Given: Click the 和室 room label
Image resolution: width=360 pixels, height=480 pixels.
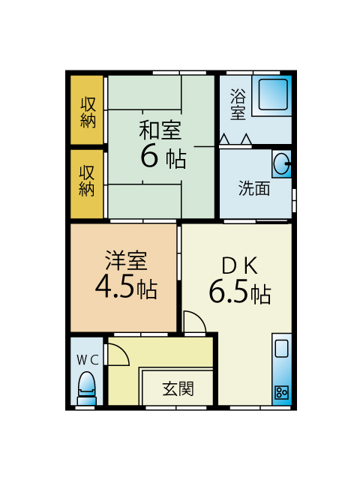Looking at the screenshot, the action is point(160,130).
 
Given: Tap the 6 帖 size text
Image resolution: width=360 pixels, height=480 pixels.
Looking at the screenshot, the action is point(163,157).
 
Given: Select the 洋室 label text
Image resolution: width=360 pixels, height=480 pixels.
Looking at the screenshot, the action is point(126,260).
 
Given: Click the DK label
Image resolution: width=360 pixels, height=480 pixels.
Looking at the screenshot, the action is point(240,265).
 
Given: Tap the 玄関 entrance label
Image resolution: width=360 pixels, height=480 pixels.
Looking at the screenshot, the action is point(178,388).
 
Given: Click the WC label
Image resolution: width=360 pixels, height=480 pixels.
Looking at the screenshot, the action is point(88,360).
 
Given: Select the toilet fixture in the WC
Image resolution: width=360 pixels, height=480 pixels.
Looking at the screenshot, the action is point(87,388).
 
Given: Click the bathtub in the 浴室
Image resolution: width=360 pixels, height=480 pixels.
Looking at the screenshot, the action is point(273,94).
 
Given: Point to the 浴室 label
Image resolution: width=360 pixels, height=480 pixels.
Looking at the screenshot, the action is point(238,104).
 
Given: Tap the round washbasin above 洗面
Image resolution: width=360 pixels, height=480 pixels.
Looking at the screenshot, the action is point(281,163).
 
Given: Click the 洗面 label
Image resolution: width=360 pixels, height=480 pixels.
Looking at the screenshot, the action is point(254,188).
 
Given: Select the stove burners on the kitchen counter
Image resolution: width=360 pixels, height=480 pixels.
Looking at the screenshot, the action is point(282,392).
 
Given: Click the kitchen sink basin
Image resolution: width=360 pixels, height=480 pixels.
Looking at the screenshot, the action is point(282,349).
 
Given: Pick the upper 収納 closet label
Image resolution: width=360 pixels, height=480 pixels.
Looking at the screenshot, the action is point(88,112).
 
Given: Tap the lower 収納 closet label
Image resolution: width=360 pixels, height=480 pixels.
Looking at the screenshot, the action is point(87,181).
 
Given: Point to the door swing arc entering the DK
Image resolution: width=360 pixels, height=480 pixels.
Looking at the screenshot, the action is point(197,318).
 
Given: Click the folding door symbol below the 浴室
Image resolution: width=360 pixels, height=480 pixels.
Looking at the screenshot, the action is point(235,139).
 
